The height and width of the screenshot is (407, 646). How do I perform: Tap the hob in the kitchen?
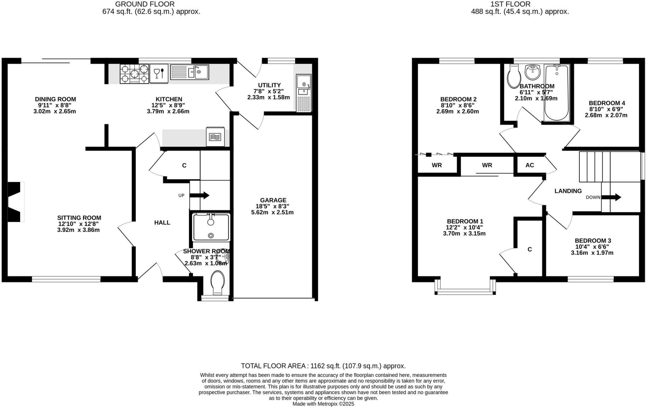pos(134,74)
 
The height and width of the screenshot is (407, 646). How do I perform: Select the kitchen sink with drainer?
pos(190,72)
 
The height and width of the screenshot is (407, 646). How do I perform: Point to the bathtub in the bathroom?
pos(557,93)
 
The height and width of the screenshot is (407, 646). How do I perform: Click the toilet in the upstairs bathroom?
pos(514,76)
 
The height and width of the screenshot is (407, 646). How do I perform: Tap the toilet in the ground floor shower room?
pos(218,283)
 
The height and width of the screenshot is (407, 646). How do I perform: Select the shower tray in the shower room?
pos(211,227)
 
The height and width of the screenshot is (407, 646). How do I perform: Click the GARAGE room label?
pos(273,200)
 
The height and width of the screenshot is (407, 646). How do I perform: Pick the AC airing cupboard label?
pos(530,165)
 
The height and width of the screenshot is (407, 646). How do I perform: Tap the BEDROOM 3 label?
pos(593,241)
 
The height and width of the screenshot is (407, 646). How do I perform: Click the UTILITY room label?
pos(269,85)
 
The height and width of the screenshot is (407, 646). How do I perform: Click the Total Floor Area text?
pos(323,366)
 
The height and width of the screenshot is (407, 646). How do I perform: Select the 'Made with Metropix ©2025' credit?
pos(323,404)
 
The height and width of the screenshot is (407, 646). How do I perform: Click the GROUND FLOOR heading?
pos(145,4)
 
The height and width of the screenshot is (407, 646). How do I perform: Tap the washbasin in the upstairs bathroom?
pos(533,72)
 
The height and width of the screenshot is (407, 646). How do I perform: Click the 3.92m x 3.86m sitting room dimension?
pos(79,230)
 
